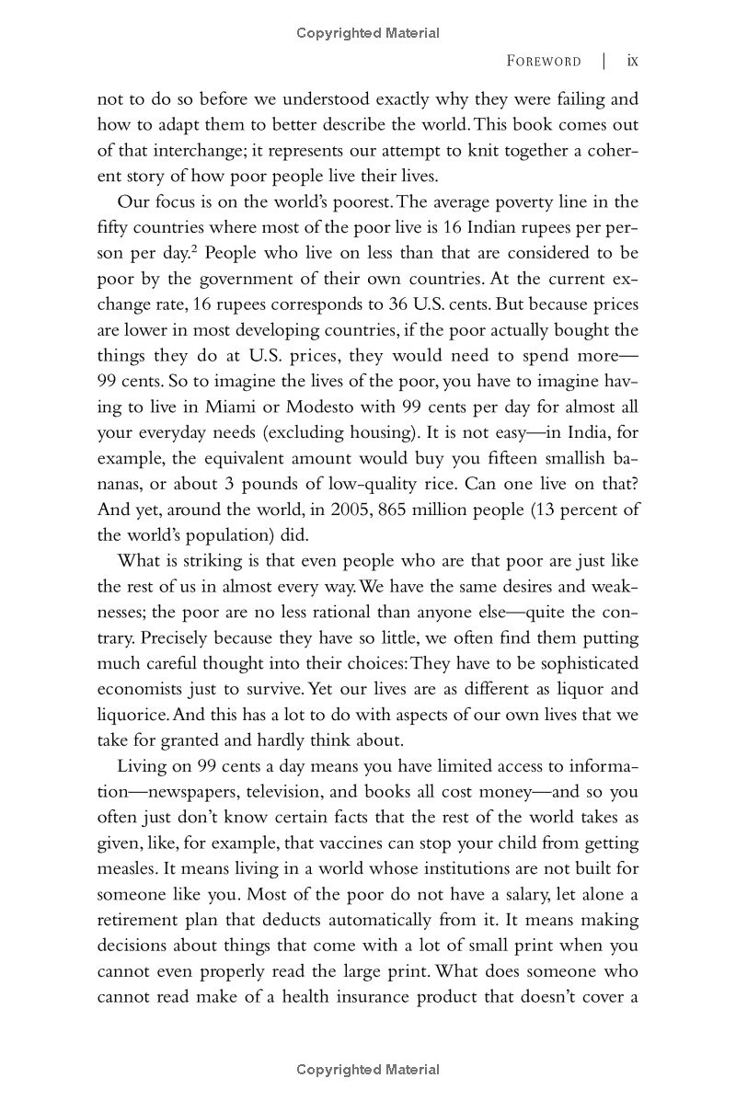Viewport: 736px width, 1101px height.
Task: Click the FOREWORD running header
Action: click(544, 62)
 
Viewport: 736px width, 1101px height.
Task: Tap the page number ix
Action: click(632, 62)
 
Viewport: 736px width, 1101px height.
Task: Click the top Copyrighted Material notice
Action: click(368, 33)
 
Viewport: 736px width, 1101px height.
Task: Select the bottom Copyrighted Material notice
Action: click(368, 1070)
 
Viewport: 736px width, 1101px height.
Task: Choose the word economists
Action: click(139, 689)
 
